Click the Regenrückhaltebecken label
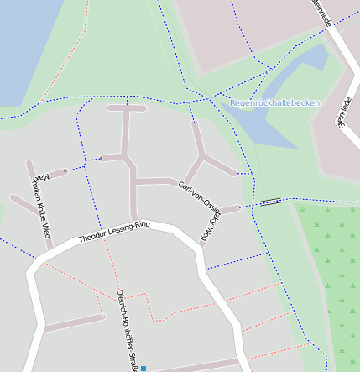(274, 102)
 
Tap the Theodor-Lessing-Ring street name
(114, 232)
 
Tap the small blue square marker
(143, 369)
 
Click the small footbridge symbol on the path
(270, 202)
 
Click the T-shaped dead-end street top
(127, 107)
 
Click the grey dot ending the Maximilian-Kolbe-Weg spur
(65, 171)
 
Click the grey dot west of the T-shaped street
(100, 157)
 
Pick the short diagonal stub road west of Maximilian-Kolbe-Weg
(23, 204)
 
